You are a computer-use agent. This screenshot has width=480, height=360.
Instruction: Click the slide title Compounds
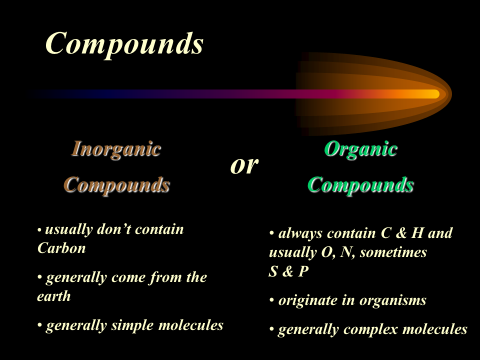click(124, 43)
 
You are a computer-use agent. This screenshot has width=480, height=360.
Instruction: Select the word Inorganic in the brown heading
click(116, 149)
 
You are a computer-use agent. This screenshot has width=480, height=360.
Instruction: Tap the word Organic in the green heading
click(360, 149)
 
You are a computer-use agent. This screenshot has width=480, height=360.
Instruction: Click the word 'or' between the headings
click(244, 165)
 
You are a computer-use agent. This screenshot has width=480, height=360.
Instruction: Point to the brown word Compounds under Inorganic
click(116, 184)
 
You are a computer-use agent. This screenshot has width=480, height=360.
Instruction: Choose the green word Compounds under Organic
click(360, 184)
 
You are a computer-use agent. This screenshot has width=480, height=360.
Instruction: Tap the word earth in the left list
click(53, 296)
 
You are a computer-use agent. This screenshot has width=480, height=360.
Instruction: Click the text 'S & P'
click(288, 272)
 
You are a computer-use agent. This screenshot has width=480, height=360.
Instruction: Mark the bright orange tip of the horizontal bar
click(433, 94)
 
